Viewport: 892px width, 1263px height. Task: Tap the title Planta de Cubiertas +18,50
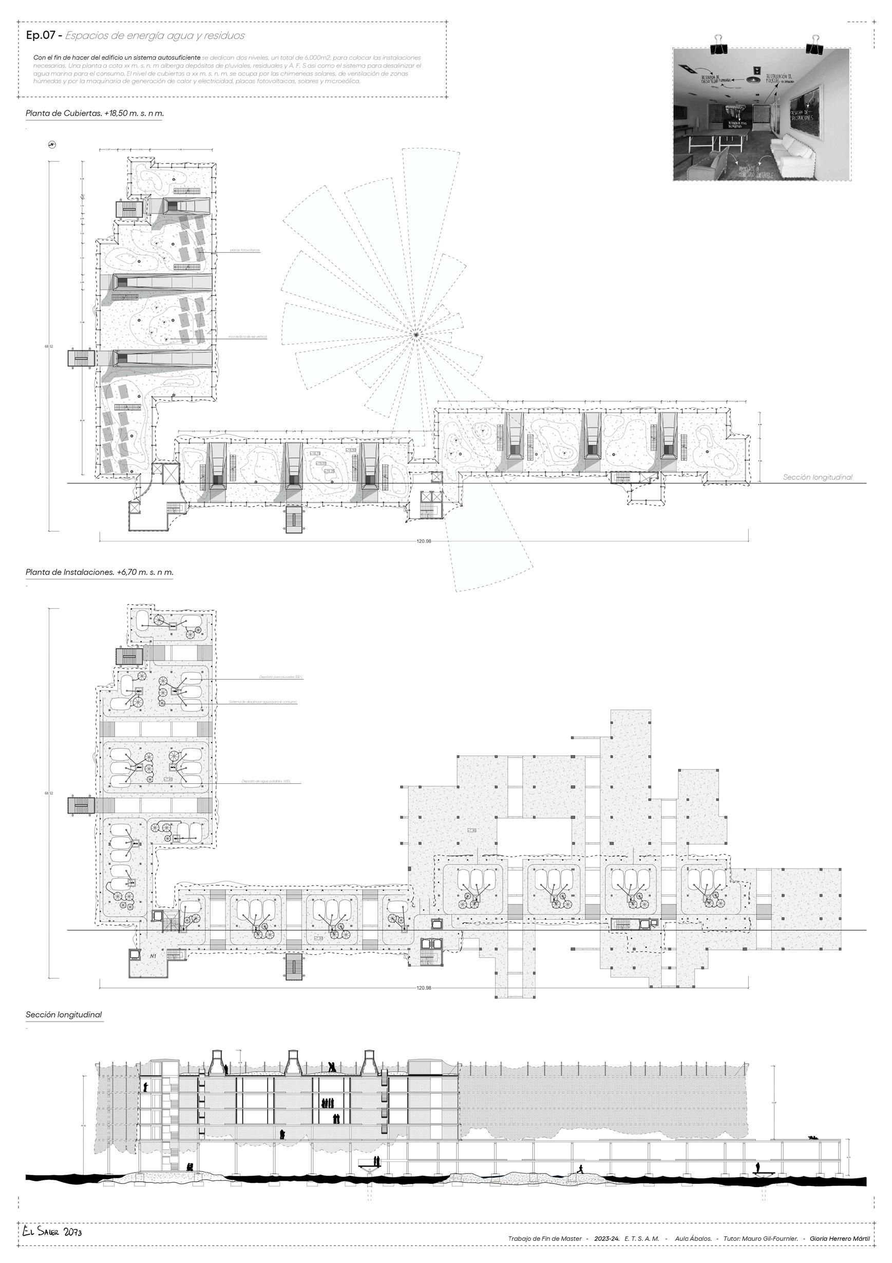[94, 114]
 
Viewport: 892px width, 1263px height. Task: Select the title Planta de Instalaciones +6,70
[99, 572]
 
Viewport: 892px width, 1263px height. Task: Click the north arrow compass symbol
[52, 145]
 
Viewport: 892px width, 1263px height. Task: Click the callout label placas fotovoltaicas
[245, 250]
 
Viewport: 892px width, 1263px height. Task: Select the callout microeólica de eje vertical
[248, 336]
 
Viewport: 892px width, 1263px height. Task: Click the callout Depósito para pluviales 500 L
[281, 677]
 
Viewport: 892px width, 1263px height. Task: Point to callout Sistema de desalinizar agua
[263, 702]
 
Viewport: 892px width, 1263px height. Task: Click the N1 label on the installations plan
[154, 956]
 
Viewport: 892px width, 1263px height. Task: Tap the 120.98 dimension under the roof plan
[424, 541]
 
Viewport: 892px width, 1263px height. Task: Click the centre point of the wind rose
[416, 334]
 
